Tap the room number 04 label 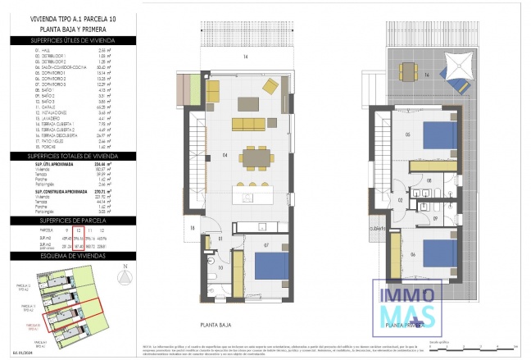pyautogui.click(x=202, y=153)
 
